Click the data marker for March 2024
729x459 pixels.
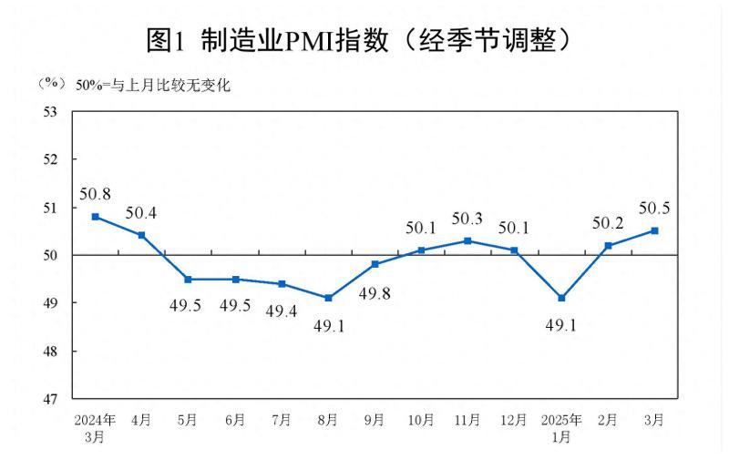click(95, 217)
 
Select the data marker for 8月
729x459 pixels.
click(328, 298)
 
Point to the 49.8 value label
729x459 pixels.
click(375, 294)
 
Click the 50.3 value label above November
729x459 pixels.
click(467, 219)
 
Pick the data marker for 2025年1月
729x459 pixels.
click(561, 298)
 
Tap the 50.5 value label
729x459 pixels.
click(654, 209)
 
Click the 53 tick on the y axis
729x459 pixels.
click(51, 111)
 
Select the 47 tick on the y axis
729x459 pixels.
click(51, 399)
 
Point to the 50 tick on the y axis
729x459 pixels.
click(51, 255)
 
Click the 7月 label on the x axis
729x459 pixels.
click(282, 420)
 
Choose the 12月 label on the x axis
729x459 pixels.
click(514, 420)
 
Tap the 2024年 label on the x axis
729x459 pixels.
click(95, 420)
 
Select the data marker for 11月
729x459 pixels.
click(467, 240)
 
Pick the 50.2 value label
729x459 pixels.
click(608, 223)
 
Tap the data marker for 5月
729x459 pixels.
click(188, 279)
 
